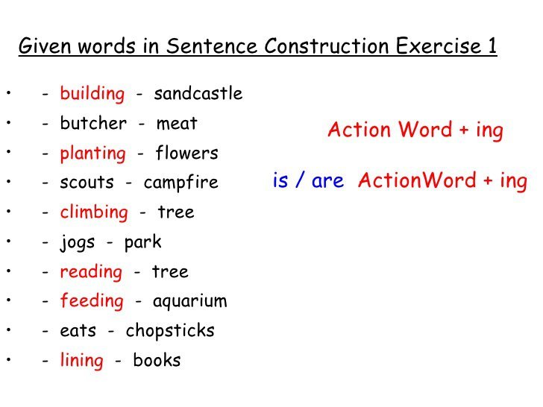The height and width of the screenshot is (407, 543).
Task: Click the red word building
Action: pyautogui.click(x=92, y=94)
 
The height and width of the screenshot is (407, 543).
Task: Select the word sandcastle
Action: pyautogui.click(x=198, y=93)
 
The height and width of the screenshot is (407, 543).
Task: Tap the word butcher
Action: pyautogui.click(x=93, y=123)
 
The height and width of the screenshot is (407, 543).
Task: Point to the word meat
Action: pyautogui.click(x=177, y=124)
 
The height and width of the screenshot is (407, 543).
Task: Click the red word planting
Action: pyautogui.click(x=92, y=154)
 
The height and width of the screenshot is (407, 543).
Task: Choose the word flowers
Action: pyautogui.click(x=186, y=153)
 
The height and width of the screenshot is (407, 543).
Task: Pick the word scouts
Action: pyautogui.click(x=87, y=183)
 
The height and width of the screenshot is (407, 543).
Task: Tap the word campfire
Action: pyautogui.click(x=181, y=183)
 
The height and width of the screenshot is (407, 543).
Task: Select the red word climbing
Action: pyautogui.click(x=94, y=213)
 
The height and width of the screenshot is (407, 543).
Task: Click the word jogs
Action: pyautogui.click(x=78, y=243)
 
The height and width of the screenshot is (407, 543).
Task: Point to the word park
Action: pyautogui.click(x=142, y=242)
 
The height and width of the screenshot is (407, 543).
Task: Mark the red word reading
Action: pyautogui.click(x=91, y=272)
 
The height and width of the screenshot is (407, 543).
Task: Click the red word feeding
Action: pyautogui.click(x=92, y=301)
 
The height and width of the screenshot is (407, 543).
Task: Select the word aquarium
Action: pyautogui.click(x=189, y=301)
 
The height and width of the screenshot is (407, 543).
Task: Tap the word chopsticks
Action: pyautogui.click(x=170, y=331)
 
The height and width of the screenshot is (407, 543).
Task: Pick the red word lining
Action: pyautogui.click(x=82, y=361)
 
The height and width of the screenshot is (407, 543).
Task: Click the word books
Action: pyautogui.click(x=157, y=360)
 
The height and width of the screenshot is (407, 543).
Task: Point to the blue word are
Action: pyautogui.click(x=327, y=181)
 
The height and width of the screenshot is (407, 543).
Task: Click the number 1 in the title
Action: pyautogui.click(x=492, y=45)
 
